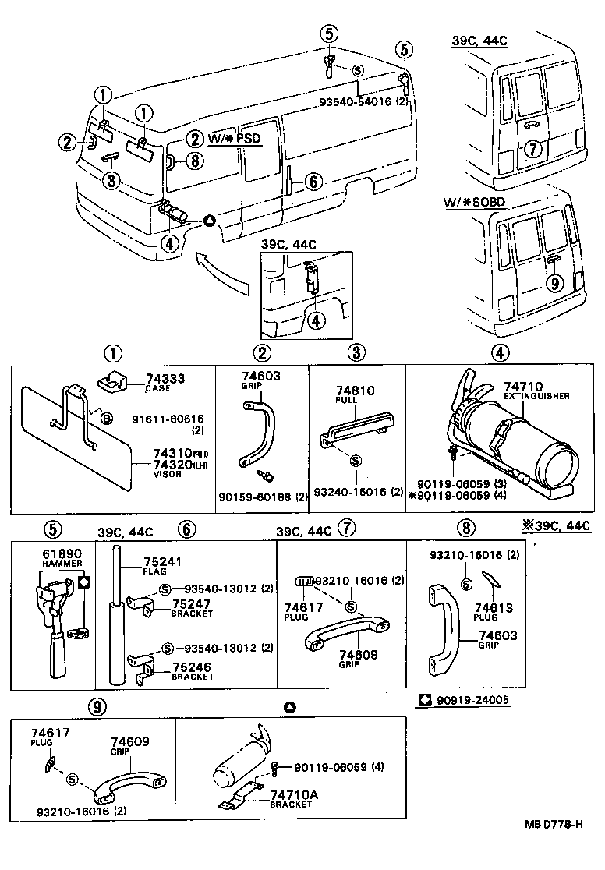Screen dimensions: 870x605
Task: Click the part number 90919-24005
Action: [x=472, y=700]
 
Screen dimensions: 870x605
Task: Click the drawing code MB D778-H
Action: [x=554, y=844]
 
